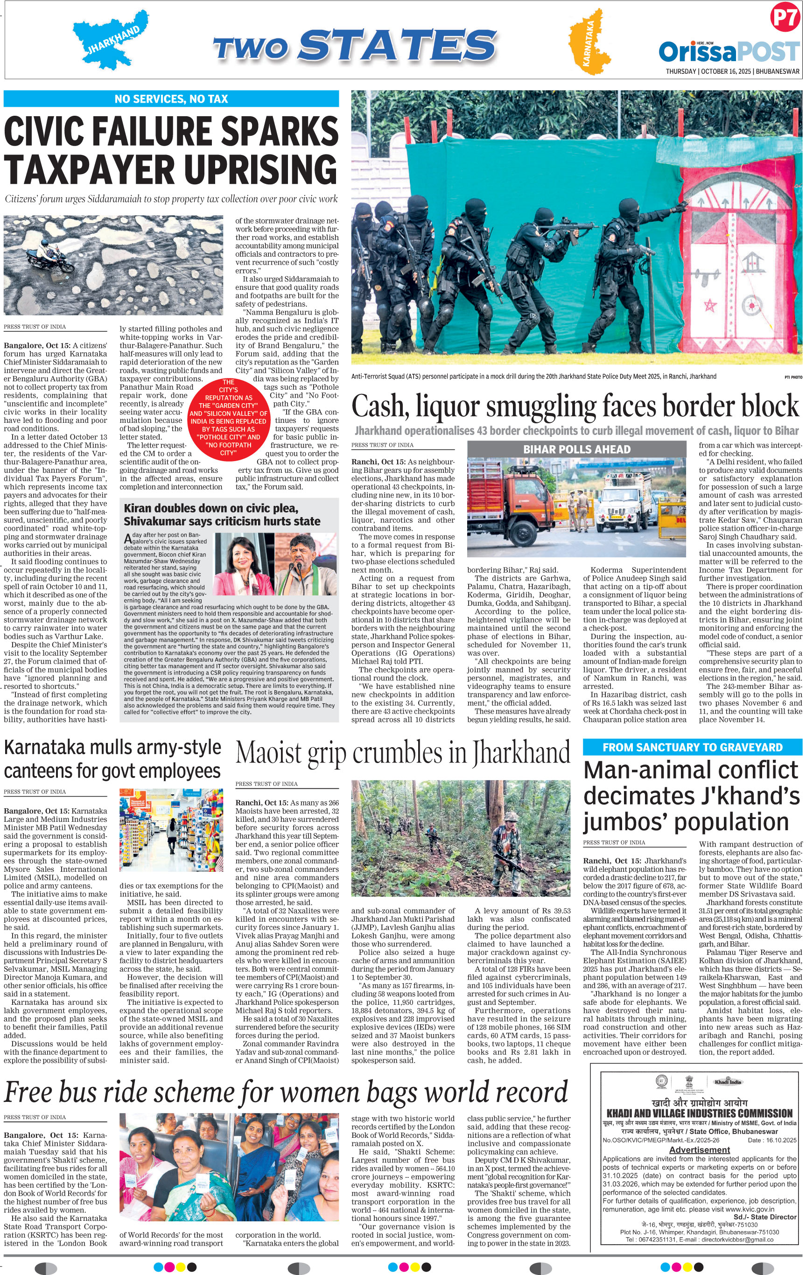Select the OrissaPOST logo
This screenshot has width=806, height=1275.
pos(728,51)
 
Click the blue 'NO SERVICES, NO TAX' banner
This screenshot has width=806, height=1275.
pos(171,99)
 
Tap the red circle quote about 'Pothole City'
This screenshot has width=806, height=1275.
pos(228,418)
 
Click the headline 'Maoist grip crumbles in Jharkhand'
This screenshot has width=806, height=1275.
pos(402,753)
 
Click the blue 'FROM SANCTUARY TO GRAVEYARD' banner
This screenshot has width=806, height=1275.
pos(692,747)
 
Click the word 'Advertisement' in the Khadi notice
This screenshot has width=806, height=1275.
pos(699,1149)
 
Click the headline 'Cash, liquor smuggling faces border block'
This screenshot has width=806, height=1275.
pos(575,406)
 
